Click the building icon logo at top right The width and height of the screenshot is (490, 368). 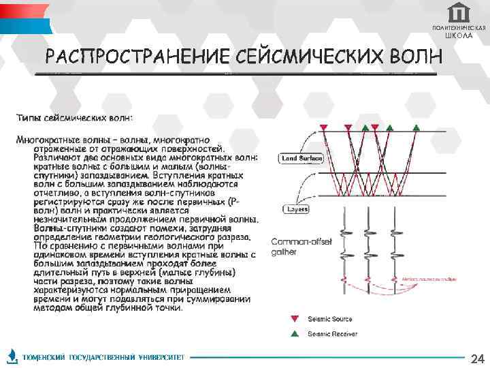pyautogui.click(x=460, y=12)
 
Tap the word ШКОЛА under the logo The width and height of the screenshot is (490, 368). pyautogui.click(x=459, y=35)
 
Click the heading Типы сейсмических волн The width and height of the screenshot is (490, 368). pyautogui.click(x=75, y=118)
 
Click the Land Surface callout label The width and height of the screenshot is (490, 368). pyautogui.click(x=301, y=159)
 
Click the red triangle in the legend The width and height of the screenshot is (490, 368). pyautogui.click(x=294, y=318)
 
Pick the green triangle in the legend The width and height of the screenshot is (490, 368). pyautogui.click(x=294, y=334)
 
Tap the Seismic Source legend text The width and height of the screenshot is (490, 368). pyautogui.click(x=330, y=318)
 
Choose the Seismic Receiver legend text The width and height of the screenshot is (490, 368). pyautogui.click(x=333, y=334)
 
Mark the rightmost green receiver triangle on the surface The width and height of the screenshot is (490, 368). pyautogui.click(x=416, y=127)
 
